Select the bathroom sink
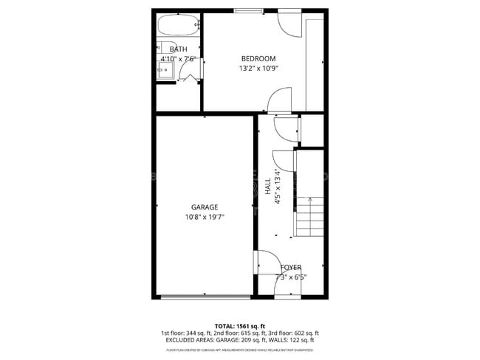coord(165,72)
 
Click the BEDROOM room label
coord(258,59)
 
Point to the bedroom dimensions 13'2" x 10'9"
coord(258,69)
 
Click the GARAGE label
coord(205,207)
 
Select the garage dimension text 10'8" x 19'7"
coord(205,217)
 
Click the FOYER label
coord(290,268)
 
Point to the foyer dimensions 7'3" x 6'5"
coord(290,277)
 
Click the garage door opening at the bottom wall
coord(205,297)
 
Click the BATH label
coord(178,49)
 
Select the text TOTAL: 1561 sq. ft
coord(240,326)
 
